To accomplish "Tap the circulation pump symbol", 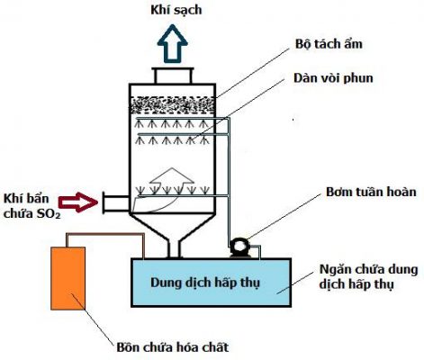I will click(x=239, y=246).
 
